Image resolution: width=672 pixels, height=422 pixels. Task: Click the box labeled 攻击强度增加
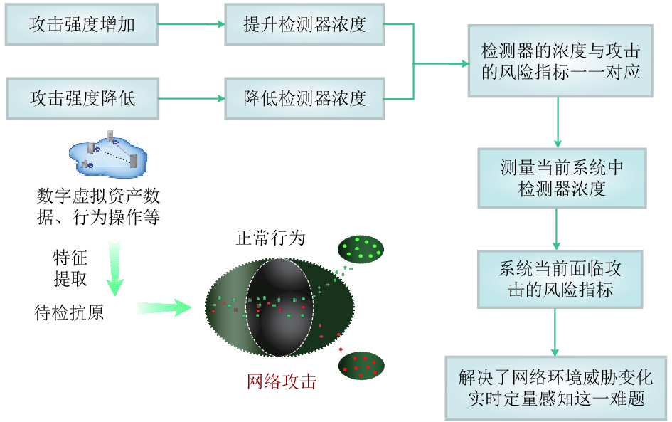(x=82, y=24)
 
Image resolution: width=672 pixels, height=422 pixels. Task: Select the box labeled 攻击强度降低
(x=82, y=98)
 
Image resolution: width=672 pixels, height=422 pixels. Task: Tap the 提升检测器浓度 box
(x=304, y=24)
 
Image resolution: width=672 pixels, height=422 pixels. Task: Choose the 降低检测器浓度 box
(x=304, y=98)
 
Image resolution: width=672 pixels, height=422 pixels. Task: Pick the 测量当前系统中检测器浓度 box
(x=562, y=178)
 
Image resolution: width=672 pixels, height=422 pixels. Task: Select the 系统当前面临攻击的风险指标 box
(x=560, y=279)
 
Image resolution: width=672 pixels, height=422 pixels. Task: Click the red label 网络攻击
(x=281, y=381)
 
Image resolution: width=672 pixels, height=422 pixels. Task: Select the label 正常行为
(x=270, y=238)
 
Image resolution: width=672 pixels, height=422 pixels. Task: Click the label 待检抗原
(x=69, y=312)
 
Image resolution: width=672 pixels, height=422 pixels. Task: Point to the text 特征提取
(x=70, y=268)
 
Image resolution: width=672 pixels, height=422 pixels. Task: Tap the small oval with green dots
(x=361, y=248)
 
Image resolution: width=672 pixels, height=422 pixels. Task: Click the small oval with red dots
(x=361, y=366)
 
